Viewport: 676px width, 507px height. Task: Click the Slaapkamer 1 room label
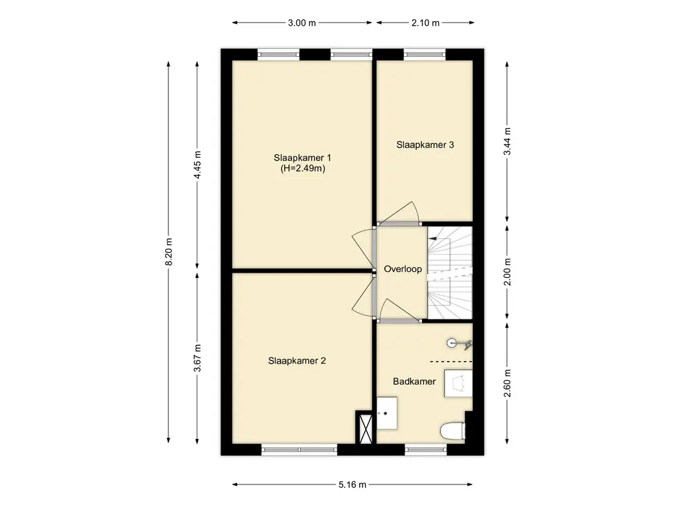coord(302,157)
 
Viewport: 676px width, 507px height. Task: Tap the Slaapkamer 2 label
coord(297,361)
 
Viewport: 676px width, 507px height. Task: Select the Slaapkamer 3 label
coord(425,145)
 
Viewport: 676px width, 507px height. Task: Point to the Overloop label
coord(403,269)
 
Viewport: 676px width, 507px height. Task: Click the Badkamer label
coord(415,382)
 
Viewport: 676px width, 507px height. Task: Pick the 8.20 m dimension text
coord(168,252)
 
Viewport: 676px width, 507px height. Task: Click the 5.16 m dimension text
coord(353,485)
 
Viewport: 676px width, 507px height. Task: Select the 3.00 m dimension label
coord(302,23)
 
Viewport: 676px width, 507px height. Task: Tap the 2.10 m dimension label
coord(425,23)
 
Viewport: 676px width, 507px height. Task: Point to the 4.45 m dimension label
coord(197,165)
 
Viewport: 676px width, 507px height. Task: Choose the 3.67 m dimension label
coord(197,358)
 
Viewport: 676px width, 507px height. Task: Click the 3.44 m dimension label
coord(508,142)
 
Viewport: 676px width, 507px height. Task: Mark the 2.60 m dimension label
coord(508,384)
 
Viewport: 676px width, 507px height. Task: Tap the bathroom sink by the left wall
coord(387,413)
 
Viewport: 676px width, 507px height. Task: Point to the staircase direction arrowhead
coord(432,238)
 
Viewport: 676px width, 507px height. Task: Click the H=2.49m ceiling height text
coord(302,168)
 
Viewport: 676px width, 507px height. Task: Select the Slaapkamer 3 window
coord(424,54)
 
